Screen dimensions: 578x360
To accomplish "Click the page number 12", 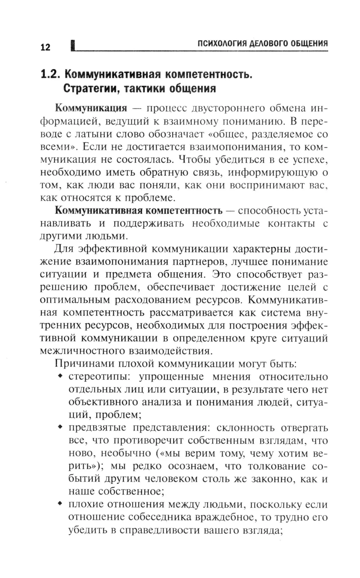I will coord(45,47).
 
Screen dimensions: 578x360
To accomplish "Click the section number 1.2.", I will coord(50,74).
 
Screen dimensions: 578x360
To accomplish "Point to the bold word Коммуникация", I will coord(91,108).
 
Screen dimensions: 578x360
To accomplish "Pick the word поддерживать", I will coord(148,223).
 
